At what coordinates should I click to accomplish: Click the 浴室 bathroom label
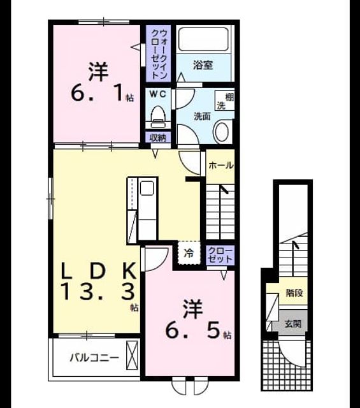203,65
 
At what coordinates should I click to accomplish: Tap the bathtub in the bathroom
204,39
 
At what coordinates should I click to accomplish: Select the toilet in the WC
158,117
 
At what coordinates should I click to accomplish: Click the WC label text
157,94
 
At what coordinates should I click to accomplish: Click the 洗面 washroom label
202,117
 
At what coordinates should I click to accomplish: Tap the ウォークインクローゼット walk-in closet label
159,54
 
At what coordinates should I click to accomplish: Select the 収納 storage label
157,138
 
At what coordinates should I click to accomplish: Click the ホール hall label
221,165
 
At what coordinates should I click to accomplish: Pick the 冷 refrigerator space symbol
189,252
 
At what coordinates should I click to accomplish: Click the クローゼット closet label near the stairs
220,255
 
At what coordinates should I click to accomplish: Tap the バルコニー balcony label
94,358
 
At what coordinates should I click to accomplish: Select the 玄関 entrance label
293,324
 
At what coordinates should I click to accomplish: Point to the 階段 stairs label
294,293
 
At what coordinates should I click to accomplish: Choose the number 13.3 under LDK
99,292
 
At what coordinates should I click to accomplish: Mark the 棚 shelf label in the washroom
229,98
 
